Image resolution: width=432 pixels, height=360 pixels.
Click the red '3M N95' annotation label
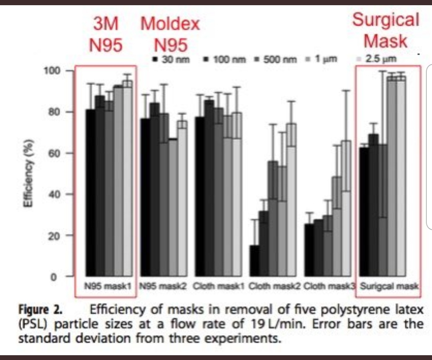point(105,35)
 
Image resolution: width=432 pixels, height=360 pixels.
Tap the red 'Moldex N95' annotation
point(170,35)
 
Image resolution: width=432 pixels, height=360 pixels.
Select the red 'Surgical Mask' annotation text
point(386,30)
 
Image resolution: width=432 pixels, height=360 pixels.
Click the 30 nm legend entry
point(171,60)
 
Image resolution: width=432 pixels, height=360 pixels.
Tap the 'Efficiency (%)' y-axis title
point(28,173)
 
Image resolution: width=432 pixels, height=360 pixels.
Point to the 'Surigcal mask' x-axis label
point(389,286)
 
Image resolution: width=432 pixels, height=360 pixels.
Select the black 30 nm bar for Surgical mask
point(364,212)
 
